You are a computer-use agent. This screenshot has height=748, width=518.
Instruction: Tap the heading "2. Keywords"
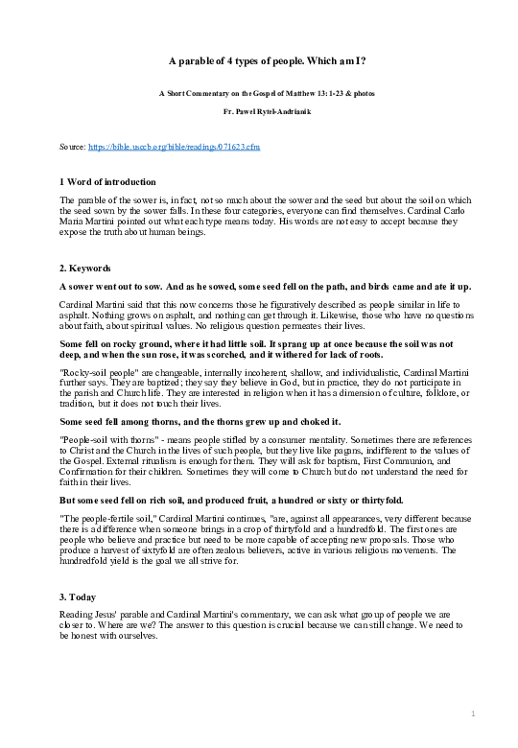coord(84,269)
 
